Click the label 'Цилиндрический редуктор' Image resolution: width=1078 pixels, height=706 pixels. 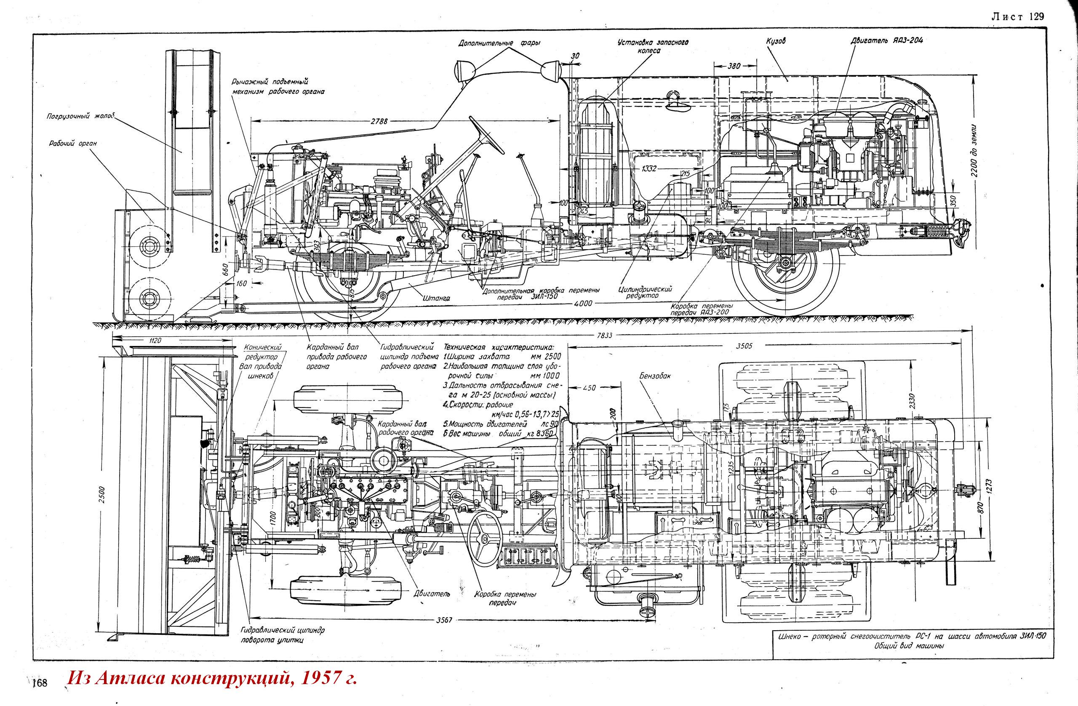[646, 292]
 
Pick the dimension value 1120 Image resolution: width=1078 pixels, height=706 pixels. [155, 341]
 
